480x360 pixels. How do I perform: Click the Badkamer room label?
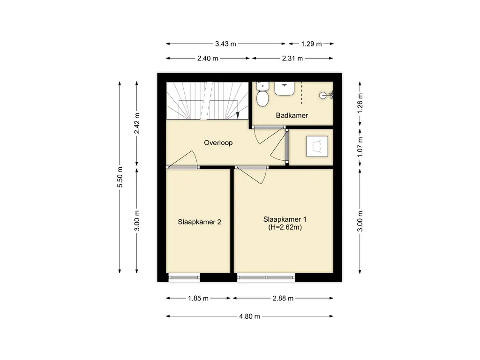pos(292,115)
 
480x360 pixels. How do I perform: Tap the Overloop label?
pos(218,142)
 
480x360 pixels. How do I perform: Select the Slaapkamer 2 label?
pos(199,222)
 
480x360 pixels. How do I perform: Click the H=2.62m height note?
pos(285,227)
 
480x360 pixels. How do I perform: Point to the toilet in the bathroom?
pos(262,95)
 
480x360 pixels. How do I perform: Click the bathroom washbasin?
pos(285,89)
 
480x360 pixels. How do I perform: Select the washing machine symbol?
pos(317,147)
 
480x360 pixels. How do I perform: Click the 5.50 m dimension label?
pos(120,177)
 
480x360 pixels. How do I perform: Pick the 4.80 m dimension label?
pos(249,316)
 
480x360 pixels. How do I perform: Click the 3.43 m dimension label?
pos(225,44)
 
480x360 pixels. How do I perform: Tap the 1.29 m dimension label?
pos(311,44)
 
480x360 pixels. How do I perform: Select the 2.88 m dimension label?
pos(283,298)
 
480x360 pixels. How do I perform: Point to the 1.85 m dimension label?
pos(198,298)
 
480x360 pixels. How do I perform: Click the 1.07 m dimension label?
pos(360,147)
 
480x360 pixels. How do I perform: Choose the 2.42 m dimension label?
pos(137,123)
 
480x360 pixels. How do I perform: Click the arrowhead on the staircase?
pos(238,115)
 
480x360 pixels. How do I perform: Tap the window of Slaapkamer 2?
pos(184,277)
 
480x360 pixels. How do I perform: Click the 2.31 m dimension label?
pos(292,58)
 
